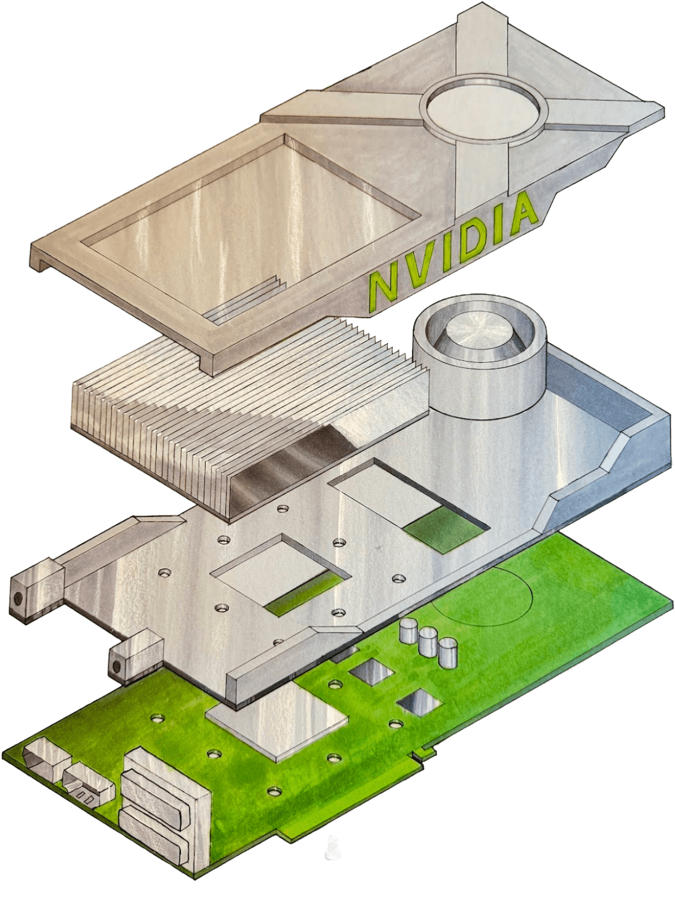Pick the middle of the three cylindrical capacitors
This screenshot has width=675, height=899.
(x=428, y=636)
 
